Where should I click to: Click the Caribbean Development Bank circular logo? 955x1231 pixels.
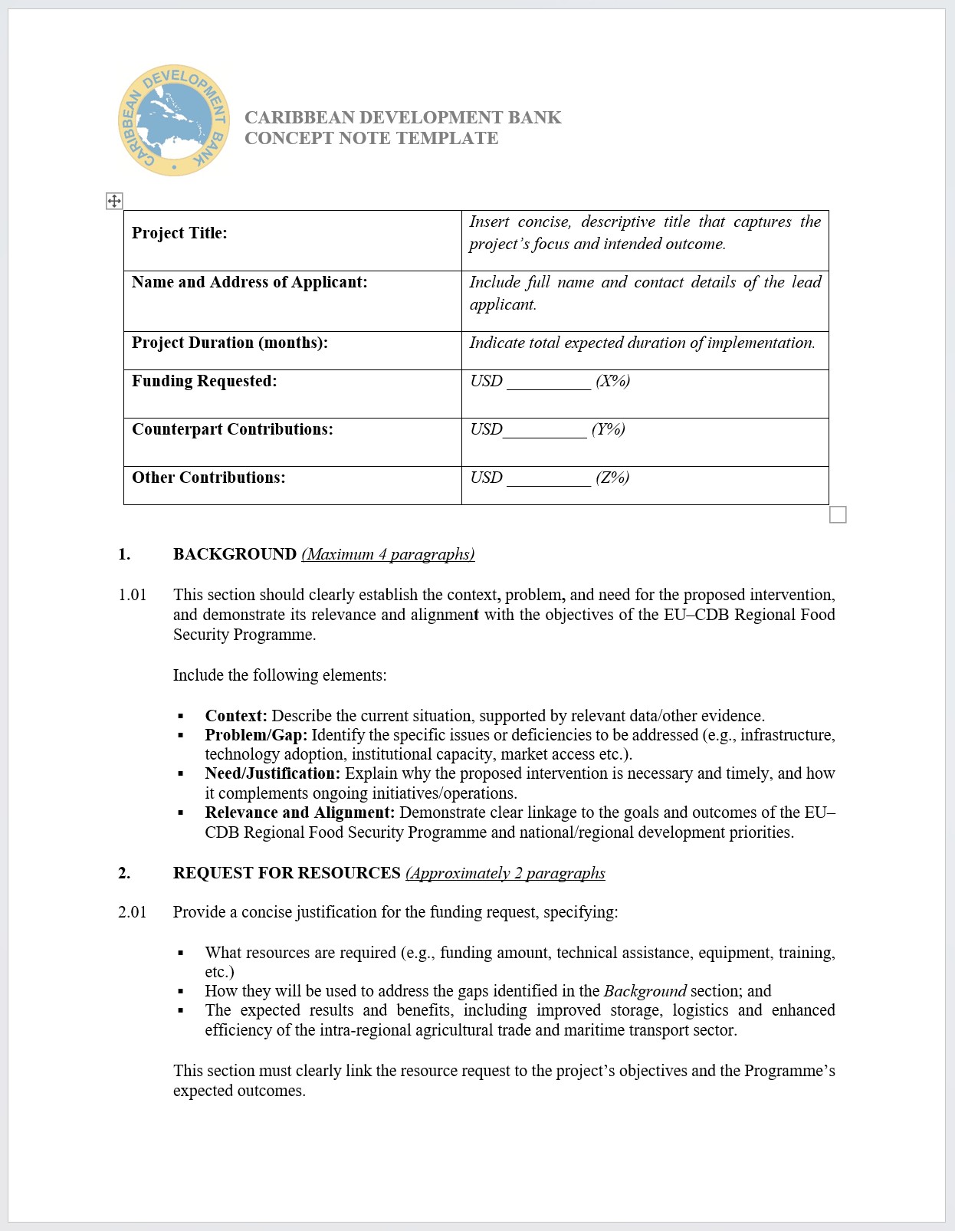point(174,120)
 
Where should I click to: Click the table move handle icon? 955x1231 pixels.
point(113,201)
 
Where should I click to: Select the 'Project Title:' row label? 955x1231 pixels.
point(179,233)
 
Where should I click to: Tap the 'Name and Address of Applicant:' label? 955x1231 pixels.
point(249,282)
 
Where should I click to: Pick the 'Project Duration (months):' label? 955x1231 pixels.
point(229,343)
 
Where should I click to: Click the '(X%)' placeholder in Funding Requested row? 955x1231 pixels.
point(612,381)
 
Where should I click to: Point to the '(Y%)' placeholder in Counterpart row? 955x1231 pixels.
point(608,429)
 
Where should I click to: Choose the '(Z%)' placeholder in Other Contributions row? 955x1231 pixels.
point(612,478)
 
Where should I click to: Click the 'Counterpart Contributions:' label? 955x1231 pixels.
point(232,429)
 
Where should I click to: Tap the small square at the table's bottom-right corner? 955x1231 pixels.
point(838,514)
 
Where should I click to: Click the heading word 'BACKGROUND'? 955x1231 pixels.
point(235,554)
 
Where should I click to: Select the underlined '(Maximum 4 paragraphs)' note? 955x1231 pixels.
point(388,554)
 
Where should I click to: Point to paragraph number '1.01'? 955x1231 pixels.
point(132,595)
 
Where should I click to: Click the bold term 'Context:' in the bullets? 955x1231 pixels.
point(236,716)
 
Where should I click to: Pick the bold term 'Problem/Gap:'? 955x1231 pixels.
point(256,735)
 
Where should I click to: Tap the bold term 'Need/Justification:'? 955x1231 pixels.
point(272,773)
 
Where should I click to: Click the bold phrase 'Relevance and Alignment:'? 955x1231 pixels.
point(300,812)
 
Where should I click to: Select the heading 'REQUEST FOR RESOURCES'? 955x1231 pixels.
point(287,873)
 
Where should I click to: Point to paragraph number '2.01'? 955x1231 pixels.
point(132,912)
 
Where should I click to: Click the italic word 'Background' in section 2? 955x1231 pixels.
point(645,991)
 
